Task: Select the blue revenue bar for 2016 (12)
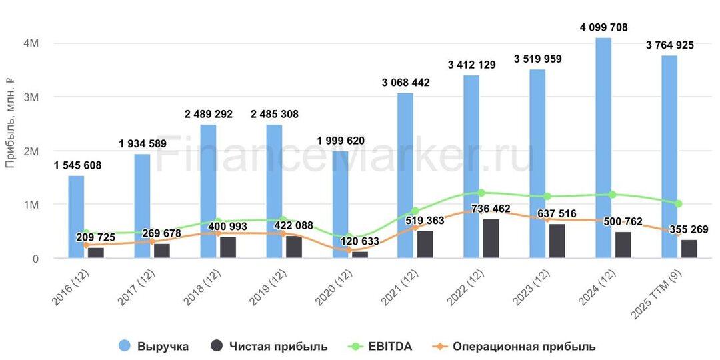pos(76,217)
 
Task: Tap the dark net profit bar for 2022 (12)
pos(491,239)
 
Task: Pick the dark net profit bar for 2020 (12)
pos(360,255)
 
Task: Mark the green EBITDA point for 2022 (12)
pos(481,193)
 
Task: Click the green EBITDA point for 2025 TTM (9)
pos(678,204)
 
